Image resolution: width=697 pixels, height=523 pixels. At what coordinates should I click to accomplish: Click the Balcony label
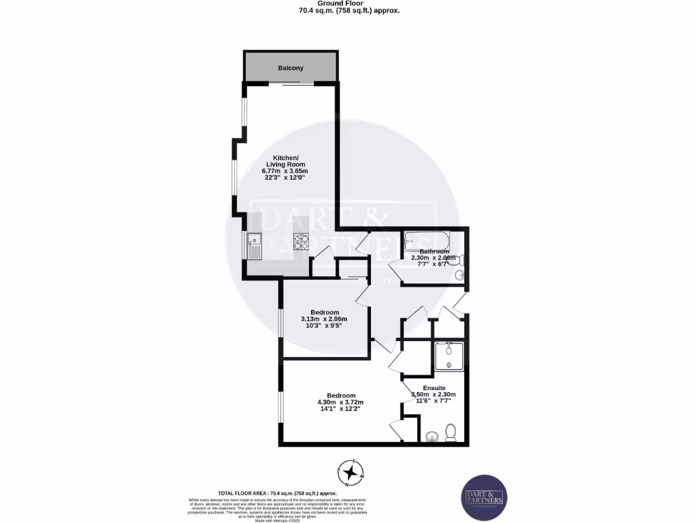tap(291, 68)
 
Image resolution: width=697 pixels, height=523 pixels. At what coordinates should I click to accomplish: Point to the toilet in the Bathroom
tap(461, 259)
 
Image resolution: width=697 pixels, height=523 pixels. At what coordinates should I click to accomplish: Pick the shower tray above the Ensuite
tap(449, 356)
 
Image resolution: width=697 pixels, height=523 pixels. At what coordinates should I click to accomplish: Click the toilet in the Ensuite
tap(450, 432)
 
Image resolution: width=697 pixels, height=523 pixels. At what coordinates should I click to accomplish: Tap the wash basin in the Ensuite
tap(431, 436)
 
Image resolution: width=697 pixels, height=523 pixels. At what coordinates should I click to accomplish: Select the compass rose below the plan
tap(351, 472)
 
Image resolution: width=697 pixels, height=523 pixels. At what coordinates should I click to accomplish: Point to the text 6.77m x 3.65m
tap(285, 171)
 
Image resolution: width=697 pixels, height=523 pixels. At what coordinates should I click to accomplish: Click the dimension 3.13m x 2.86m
tap(324, 319)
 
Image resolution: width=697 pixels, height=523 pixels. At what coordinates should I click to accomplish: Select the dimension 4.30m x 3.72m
tap(341, 402)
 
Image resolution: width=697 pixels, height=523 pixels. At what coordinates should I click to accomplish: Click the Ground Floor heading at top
tap(348, 3)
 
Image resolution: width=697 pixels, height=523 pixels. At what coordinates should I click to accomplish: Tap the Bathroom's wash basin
tap(459, 275)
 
